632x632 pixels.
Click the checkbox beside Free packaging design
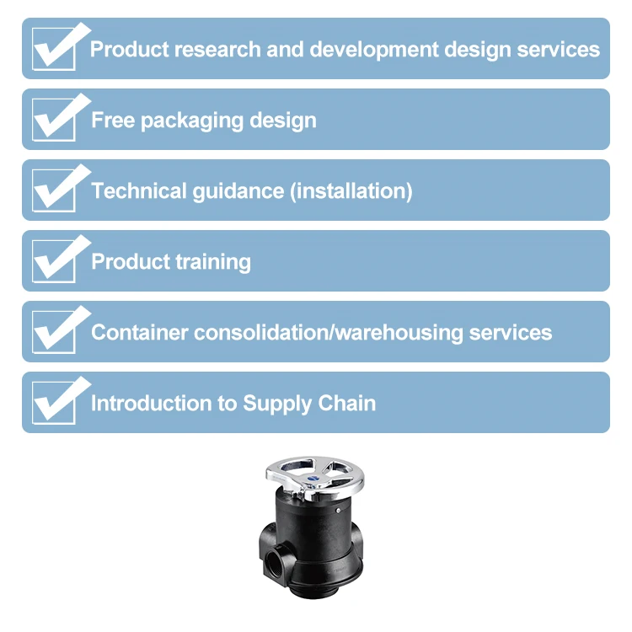click(x=53, y=121)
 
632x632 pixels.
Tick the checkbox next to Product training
click(x=53, y=262)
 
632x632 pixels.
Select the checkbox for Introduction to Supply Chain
click(x=53, y=404)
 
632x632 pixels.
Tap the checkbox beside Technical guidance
click(x=53, y=191)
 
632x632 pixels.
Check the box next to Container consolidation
click(x=53, y=333)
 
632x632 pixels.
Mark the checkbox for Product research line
click(x=53, y=50)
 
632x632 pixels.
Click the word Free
click(x=113, y=121)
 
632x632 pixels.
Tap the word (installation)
click(x=351, y=191)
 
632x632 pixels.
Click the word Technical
click(x=138, y=191)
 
